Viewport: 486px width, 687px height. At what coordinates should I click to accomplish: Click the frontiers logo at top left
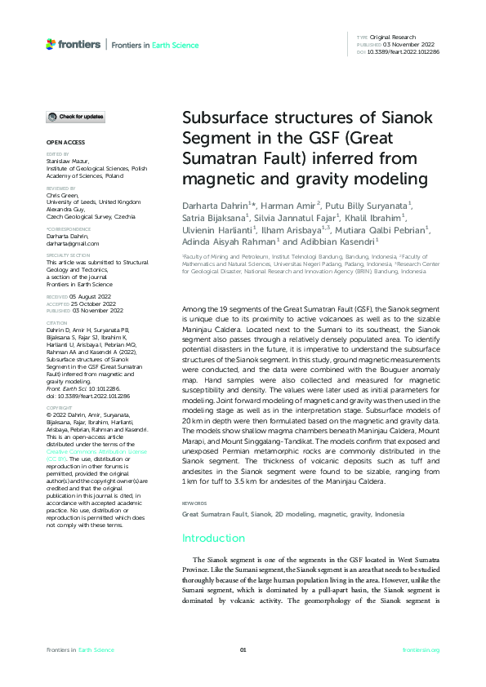(74, 44)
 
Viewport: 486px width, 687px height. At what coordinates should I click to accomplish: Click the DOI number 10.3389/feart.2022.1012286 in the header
(404, 51)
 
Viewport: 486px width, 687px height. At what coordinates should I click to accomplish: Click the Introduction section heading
(213, 538)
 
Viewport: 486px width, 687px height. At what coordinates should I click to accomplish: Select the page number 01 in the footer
(243, 649)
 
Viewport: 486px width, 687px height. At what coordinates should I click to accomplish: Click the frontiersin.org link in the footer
(421, 649)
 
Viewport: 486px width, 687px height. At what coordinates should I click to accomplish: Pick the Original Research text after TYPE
(393, 38)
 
